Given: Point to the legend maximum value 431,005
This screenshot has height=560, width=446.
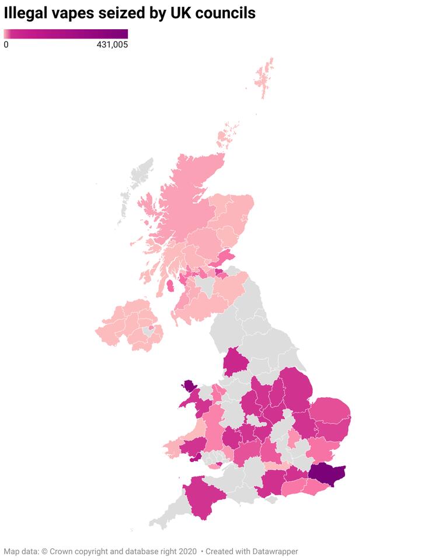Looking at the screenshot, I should pos(112,44).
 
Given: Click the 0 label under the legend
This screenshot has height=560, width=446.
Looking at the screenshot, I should pos(6,44).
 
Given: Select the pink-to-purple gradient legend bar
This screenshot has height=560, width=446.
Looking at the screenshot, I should pos(65,34).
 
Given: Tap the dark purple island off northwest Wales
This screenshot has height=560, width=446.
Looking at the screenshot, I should pos(190,386).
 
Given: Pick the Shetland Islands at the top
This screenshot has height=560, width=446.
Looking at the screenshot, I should pos(266,79).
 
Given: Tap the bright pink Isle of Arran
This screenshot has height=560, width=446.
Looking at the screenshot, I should pos(170,286).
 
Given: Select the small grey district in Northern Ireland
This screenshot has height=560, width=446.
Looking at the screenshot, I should pos(147,331).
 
